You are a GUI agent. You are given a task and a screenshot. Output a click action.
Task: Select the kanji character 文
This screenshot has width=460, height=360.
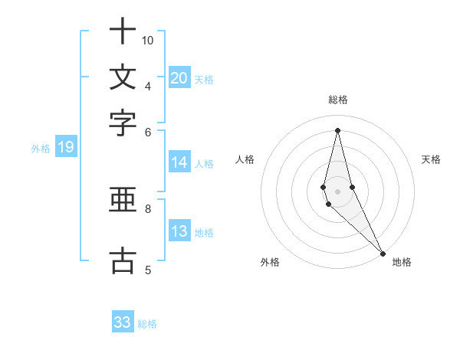click(123, 77)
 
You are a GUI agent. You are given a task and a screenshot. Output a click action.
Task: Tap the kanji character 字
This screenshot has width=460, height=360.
click(123, 123)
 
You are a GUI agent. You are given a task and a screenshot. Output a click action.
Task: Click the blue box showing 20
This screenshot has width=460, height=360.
click(179, 78)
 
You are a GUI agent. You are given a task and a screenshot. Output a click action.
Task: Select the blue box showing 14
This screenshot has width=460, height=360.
click(179, 162)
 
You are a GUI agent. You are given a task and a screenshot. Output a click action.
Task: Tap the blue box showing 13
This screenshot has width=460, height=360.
click(179, 232)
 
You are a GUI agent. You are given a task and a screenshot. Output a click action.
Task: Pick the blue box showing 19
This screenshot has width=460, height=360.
click(65, 148)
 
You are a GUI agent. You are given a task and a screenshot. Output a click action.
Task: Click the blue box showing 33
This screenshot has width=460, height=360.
click(123, 322)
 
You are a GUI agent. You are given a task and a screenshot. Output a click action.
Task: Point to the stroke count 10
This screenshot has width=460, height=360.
click(148, 40)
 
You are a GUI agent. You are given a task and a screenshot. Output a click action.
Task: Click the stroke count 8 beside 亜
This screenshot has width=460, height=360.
click(148, 208)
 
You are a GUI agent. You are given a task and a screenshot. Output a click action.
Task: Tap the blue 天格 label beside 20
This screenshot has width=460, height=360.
click(204, 79)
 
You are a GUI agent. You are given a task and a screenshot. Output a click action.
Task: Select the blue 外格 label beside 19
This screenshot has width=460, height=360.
click(41, 149)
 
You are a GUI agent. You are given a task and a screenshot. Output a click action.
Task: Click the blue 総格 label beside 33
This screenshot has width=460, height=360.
click(147, 324)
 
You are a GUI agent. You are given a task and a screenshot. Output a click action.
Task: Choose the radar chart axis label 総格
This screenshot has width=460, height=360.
click(338, 100)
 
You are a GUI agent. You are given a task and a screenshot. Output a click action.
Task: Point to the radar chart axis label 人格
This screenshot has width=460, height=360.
click(245, 159)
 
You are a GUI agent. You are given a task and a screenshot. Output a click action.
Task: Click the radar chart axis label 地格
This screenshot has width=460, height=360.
click(402, 262)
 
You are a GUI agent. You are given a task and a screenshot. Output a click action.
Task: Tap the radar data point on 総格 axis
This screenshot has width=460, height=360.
click(338, 129)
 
